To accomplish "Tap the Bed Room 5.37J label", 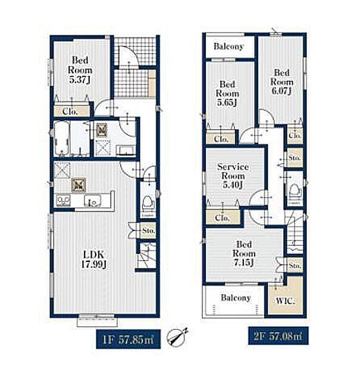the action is coord(80,70).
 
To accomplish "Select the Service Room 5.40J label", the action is coord(233,176).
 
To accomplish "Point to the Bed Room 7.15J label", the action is coord(244,253).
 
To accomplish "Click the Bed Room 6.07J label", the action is coord(282,82).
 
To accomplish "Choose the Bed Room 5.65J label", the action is coord(227,93).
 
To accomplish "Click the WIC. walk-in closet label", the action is coord(286,301).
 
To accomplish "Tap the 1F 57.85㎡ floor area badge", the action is coord(129,339).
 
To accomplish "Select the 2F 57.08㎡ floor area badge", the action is coord(278,336).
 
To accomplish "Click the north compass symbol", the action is coord(177,337).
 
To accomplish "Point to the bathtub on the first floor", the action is coord(61,138).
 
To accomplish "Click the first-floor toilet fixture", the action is coord(148,205).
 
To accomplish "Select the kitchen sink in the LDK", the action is coord(92,201).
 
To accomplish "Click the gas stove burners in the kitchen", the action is coord(63,201).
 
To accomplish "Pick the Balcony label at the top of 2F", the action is coord(228,46).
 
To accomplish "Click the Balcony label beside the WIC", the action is coord(236,298).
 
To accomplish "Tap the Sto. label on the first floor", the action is coord(148,231).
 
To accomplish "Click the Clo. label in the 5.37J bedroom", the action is coord(70,112).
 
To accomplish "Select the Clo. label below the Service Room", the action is coord(223,218).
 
